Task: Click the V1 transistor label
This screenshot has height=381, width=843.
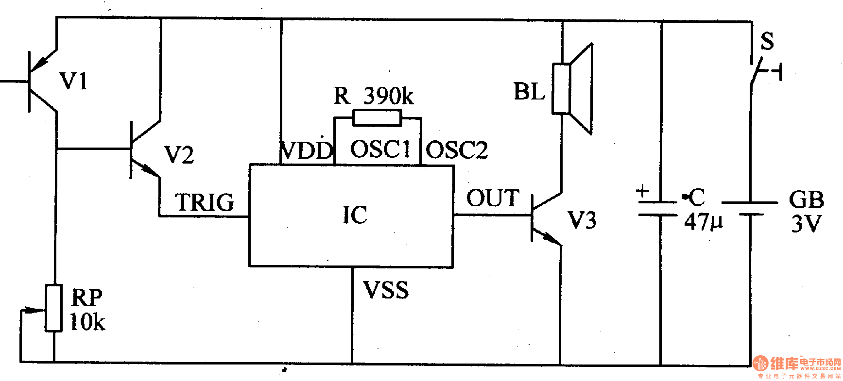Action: [74, 81]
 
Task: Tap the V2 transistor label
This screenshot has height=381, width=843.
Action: [179, 155]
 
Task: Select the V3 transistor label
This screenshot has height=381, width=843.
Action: [582, 220]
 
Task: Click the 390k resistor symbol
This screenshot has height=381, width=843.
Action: [377, 118]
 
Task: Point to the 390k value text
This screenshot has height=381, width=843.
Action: [389, 96]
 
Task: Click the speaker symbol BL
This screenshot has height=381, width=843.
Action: [573, 89]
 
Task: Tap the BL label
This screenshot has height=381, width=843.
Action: [530, 91]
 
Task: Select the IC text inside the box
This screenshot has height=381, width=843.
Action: [355, 215]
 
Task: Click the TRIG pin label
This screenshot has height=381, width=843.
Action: [205, 202]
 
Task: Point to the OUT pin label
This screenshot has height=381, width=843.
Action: [493, 199]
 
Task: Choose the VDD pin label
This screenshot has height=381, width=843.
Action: [307, 150]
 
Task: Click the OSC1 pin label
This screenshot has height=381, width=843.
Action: [380, 149]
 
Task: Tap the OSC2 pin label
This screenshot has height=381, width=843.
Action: [457, 150]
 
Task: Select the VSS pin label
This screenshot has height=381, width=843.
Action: [386, 290]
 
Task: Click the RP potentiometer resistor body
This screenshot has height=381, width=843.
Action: [53, 308]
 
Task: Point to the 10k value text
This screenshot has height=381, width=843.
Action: [87, 322]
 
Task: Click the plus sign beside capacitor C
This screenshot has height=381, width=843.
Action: [643, 190]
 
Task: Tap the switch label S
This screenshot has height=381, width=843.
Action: [767, 41]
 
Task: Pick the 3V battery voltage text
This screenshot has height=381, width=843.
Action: [806, 224]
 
